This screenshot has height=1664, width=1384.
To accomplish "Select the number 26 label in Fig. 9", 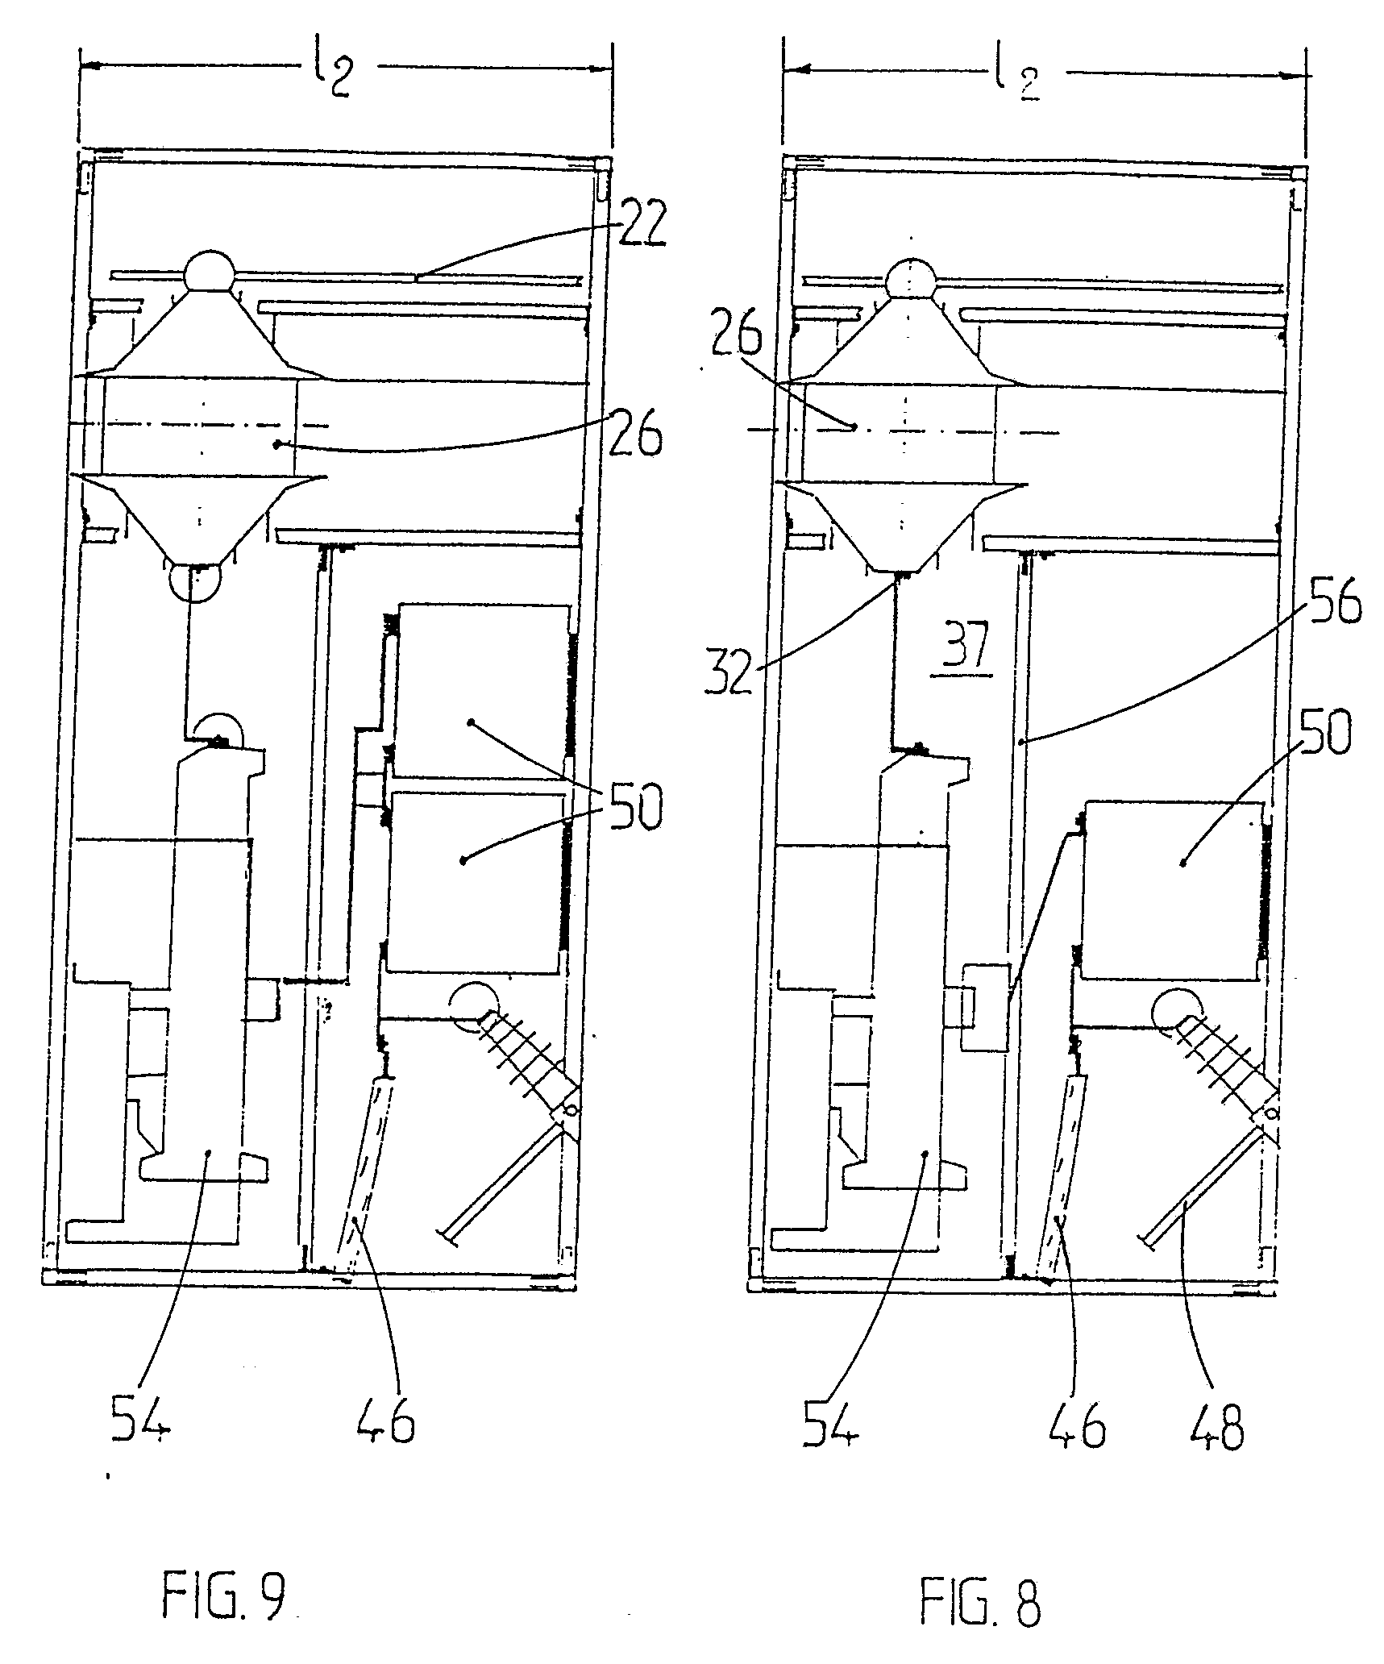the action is click(x=636, y=434).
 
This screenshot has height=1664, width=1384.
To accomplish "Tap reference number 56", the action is click(x=1332, y=605).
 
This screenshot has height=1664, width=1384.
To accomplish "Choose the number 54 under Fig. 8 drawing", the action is click(x=832, y=1423).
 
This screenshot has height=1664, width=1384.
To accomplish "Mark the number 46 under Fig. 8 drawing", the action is click(x=1077, y=1423).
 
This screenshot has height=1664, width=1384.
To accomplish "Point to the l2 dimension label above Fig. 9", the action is click(x=332, y=71).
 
